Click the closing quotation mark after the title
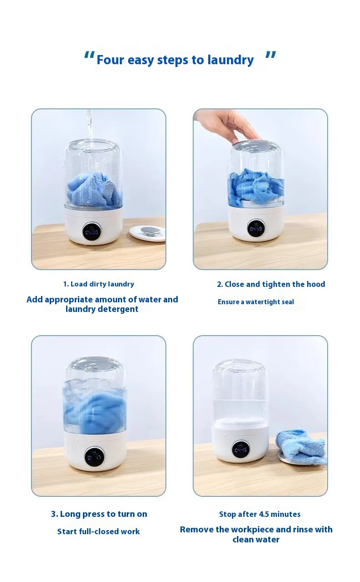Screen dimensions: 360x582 coord(271,56)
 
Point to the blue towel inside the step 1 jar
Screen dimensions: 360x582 coord(94,189)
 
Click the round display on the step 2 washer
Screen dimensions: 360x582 coord(256,228)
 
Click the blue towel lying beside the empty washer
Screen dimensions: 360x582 coord(302,446)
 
